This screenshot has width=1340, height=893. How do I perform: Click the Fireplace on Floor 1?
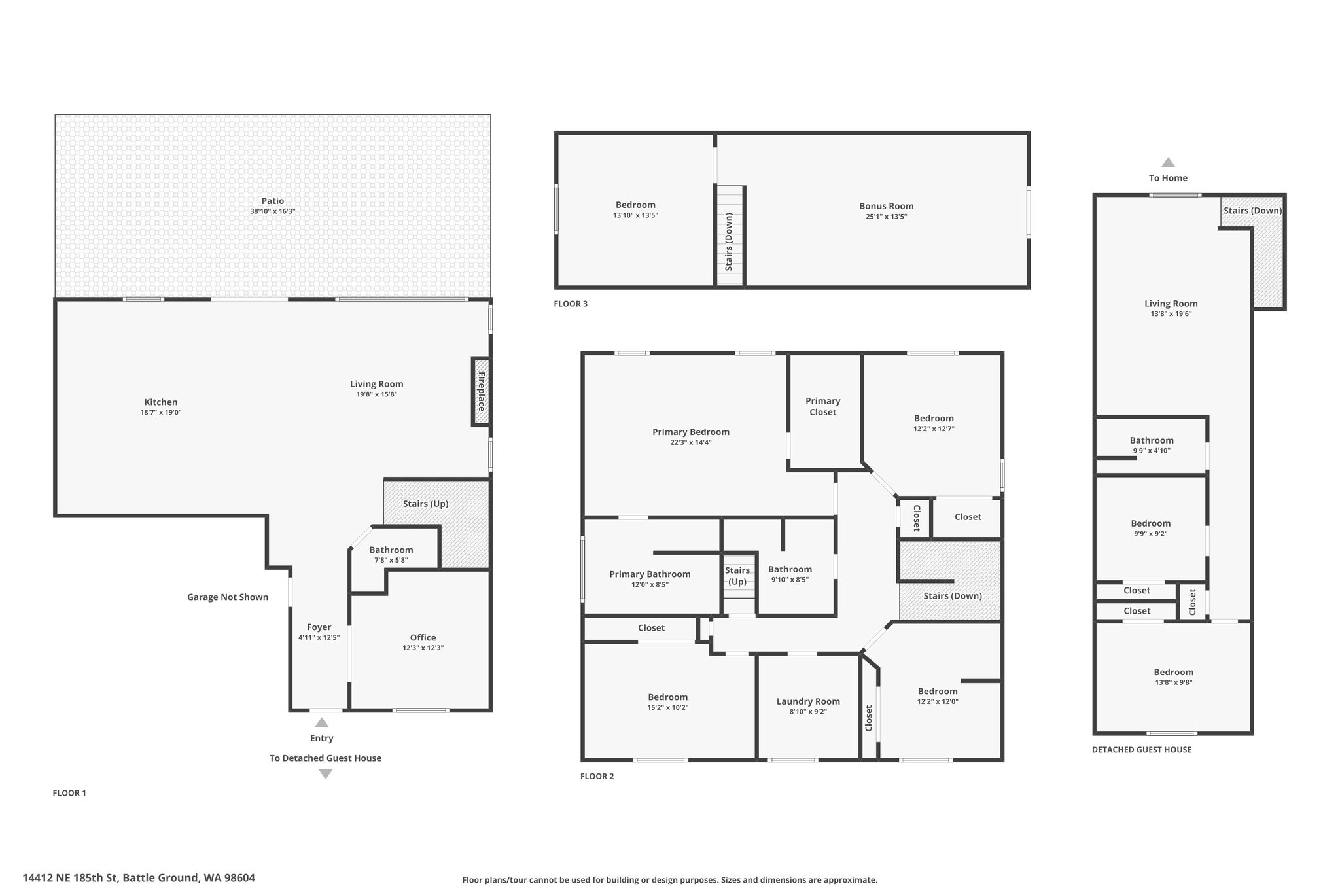point(481,391)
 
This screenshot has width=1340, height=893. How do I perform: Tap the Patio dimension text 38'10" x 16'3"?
point(272,211)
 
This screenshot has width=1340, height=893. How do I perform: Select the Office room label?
point(423,637)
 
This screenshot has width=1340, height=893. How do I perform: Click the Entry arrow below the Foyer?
point(321,723)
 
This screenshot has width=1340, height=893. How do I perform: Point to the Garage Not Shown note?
point(227,597)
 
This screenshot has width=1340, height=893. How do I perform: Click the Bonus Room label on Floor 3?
point(886,206)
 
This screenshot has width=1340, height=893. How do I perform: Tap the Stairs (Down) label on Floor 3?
point(729,241)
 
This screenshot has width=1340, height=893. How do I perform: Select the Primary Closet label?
point(822,406)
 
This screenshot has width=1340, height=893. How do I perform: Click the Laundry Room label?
point(808,701)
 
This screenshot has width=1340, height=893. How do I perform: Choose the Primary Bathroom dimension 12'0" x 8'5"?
point(650,585)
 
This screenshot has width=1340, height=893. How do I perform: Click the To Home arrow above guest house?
point(1168,163)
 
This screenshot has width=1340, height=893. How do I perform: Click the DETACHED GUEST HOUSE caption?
point(1141,750)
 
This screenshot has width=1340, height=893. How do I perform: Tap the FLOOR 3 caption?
point(571,304)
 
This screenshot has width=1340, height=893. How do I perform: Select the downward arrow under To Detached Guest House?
point(325,774)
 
